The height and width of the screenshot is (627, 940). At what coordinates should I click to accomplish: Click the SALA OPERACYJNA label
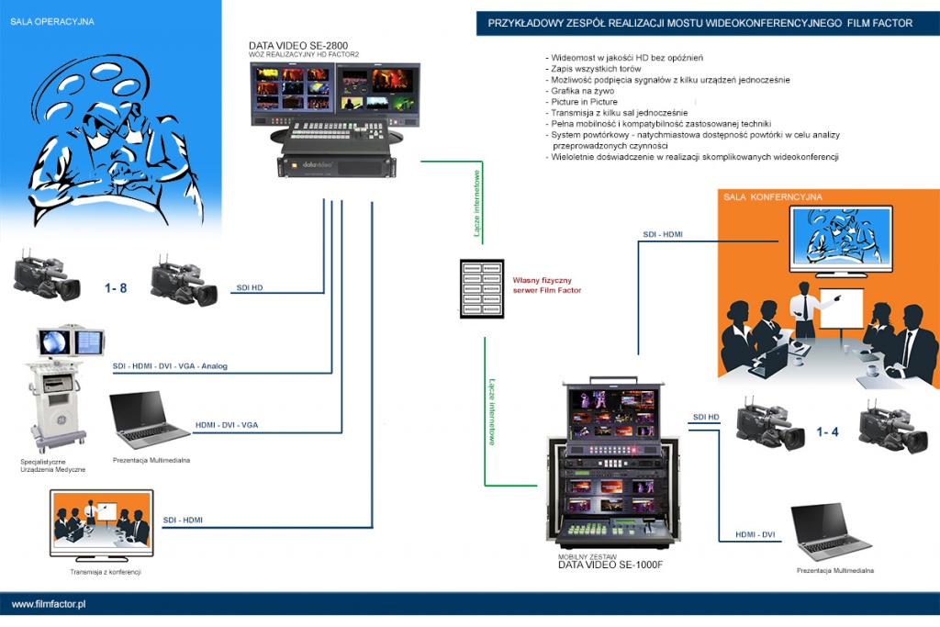click(x=51, y=21)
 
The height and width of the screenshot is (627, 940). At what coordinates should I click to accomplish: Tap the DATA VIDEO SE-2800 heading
click(x=298, y=46)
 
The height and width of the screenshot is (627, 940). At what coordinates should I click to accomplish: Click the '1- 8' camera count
click(x=117, y=288)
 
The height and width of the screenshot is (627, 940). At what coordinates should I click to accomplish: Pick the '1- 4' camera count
click(x=827, y=431)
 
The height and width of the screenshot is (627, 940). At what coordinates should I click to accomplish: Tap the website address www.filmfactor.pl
click(x=49, y=604)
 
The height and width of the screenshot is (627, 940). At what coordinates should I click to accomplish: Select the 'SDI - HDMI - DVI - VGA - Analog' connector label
click(x=170, y=366)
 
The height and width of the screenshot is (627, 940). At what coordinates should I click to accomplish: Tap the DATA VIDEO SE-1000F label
click(x=610, y=565)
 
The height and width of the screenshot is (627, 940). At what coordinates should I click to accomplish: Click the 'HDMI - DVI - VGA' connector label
click(x=227, y=425)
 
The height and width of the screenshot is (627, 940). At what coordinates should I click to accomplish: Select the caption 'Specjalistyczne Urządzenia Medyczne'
click(x=52, y=465)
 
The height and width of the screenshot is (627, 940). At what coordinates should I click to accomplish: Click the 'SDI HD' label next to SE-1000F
click(x=706, y=418)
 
